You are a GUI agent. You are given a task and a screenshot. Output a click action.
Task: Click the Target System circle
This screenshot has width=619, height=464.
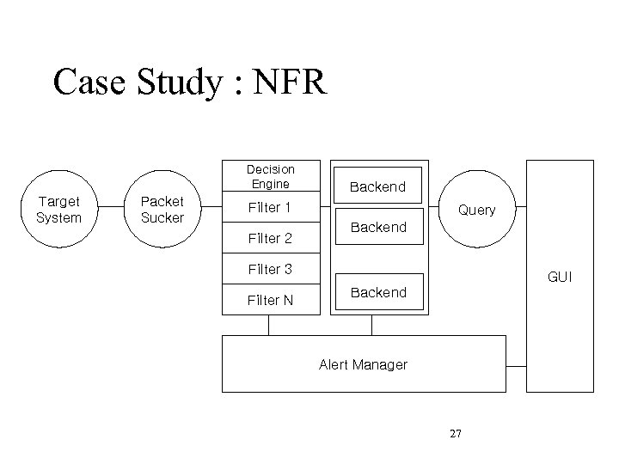(x=59, y=210)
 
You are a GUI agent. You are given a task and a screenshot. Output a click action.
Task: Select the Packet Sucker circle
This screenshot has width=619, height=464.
(x=162, y=210)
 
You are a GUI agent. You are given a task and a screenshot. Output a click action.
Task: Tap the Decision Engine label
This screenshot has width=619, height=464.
(x=270, y=176)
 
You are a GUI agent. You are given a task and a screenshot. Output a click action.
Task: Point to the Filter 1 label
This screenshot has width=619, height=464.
(x=269, y=207)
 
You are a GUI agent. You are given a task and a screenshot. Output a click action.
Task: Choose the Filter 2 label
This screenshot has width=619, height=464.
(x=269, y=238)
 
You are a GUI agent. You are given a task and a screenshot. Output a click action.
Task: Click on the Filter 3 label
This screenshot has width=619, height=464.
(x=269, y=269)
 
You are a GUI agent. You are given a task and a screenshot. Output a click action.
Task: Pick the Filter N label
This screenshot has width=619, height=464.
(x=269, y=300)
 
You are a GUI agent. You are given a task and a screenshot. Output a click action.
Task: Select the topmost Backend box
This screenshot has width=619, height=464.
(x=377, y=186)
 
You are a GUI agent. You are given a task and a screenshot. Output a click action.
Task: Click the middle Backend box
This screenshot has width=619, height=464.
(x=378, y=227)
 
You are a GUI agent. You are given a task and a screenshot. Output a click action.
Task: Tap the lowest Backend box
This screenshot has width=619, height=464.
(x=378, y=292)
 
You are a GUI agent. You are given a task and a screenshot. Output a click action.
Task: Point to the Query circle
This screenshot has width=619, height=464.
(x=476, y=210)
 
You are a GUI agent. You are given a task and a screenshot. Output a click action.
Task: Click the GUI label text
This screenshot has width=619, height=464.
(x=560, y=278)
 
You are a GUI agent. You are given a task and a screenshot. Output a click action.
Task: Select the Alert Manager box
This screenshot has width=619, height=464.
(x=363, y=364)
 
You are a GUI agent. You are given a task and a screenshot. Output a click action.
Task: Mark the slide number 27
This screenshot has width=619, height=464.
(x=456, y=433)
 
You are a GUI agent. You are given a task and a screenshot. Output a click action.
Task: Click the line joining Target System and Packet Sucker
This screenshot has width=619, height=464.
(x=111, y=210)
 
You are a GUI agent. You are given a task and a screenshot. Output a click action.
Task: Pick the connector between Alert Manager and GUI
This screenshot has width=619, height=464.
(x=516, y=364)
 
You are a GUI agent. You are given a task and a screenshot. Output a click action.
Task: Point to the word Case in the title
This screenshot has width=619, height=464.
(x=89, y=83)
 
